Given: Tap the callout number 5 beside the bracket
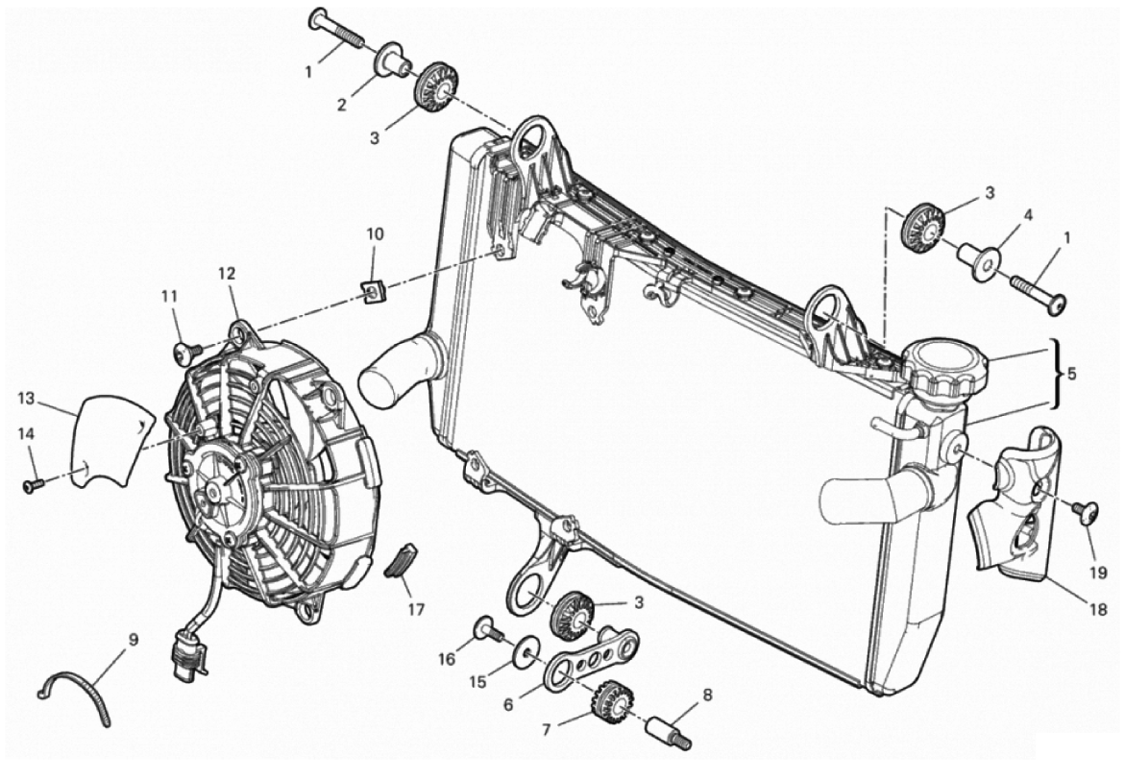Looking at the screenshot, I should pos(1073,372).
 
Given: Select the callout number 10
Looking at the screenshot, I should pos(375,233).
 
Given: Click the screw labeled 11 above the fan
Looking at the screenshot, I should pos(183,354).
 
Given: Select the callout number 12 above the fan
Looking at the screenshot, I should pos(226,274).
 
